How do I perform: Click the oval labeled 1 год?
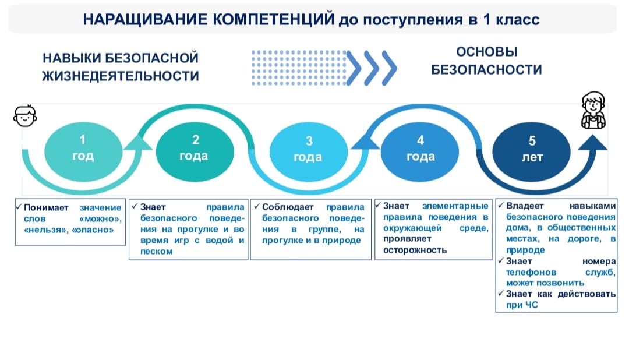tap(83, 151)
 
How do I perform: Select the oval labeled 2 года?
tap(195, 151)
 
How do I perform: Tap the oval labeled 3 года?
tap(309, 151)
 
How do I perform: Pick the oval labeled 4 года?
tap(419, 151)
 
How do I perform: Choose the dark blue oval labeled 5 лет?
tap(532, 151)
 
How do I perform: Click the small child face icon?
tap(25, 117)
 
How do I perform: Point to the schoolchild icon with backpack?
tap(593, 110)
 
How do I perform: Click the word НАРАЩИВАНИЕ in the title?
tap(145, 19)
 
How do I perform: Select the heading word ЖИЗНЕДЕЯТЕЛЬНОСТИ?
tap(121, 76)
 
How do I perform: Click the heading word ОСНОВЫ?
tap(486, 52)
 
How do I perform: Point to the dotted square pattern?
tap(299, 68)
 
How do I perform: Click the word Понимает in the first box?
tap(46, 207)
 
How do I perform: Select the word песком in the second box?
tap(157, 252)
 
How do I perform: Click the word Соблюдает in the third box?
tap(288, 207)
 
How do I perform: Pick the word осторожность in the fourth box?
tap(415, 250)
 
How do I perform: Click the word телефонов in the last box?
tap(531, 272)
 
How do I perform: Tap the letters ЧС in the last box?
tap(531, 305)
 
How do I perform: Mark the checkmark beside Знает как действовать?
tap(501, 293)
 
